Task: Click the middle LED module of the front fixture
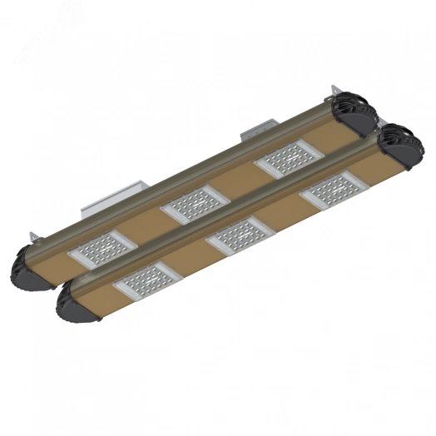tap(241, 240)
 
